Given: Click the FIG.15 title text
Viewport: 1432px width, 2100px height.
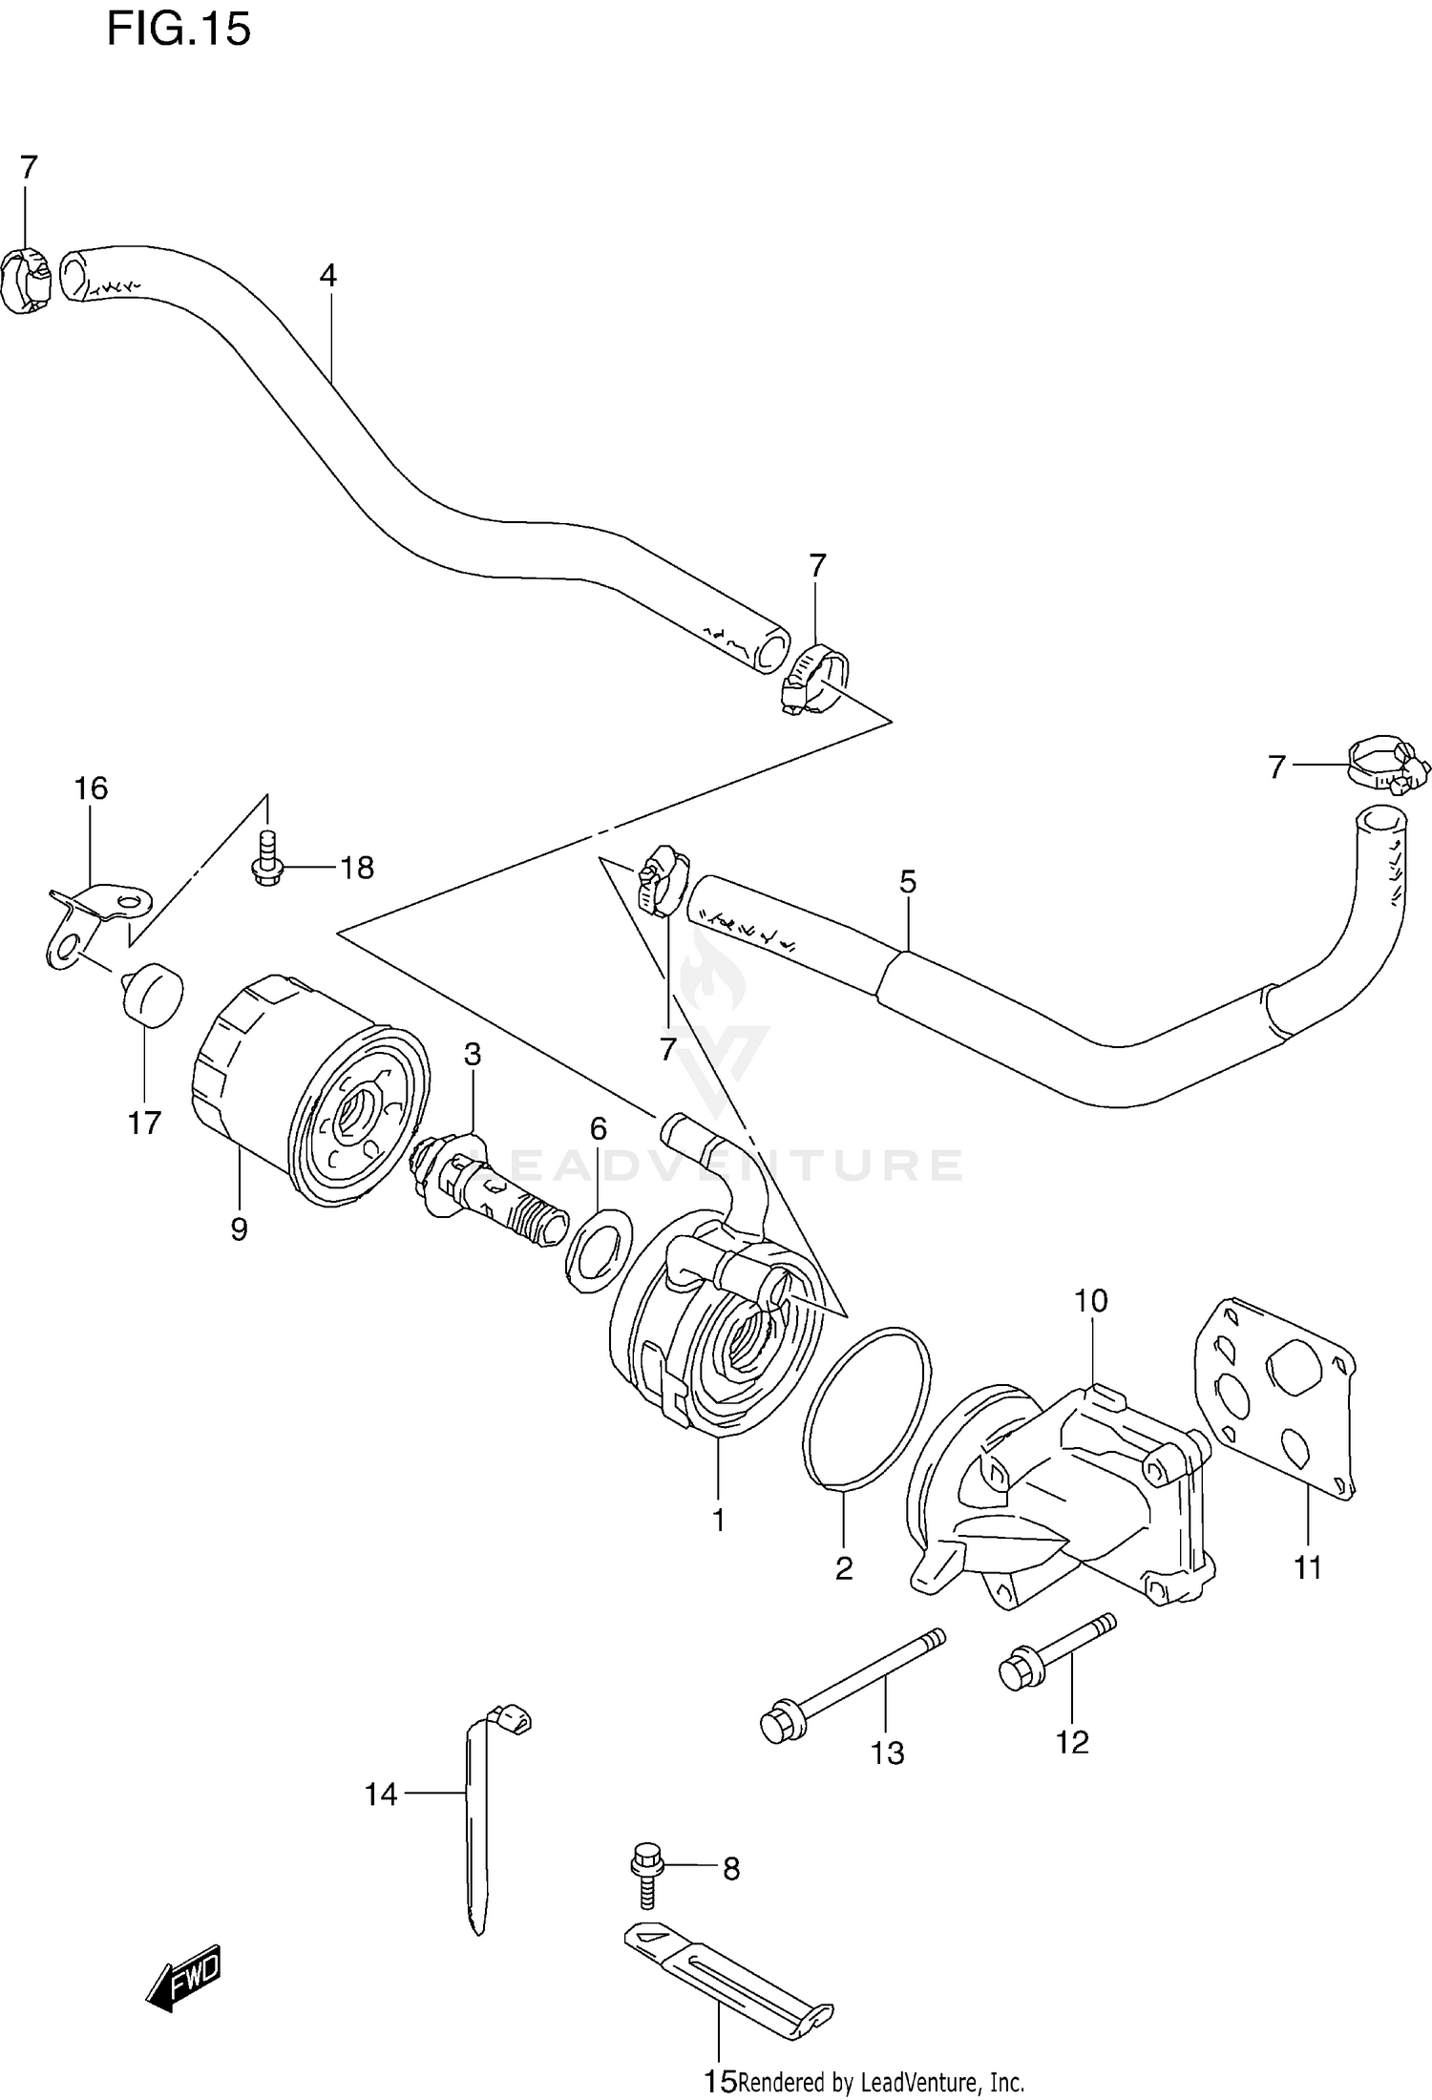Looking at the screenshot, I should [x=179, y=30].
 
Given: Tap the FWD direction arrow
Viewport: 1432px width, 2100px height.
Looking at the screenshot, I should [x=184, y=1979].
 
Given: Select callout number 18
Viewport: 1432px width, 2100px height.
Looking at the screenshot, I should [x=356, y=868].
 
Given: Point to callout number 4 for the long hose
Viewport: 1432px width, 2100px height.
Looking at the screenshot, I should [x=327, y=276].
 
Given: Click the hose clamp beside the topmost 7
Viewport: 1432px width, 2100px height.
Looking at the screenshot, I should [x=27, y=279].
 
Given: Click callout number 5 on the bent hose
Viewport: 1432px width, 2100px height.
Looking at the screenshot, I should [x=907, y=881].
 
